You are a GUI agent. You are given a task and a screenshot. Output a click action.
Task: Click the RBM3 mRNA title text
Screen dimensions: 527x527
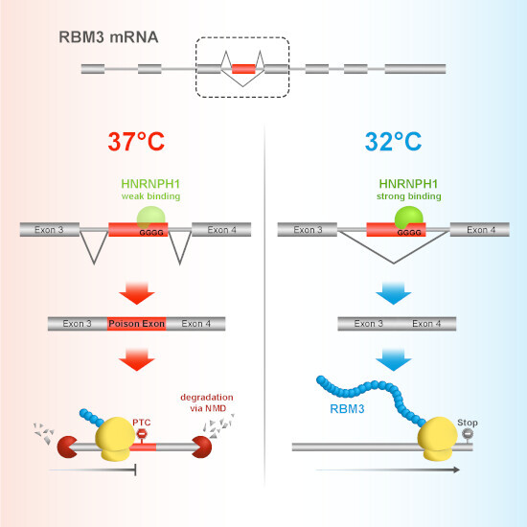click(108, 37)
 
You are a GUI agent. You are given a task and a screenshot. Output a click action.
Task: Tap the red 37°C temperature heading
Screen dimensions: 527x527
click(136, 142)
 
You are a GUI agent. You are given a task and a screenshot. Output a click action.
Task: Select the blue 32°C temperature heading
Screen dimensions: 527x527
click(393, 142)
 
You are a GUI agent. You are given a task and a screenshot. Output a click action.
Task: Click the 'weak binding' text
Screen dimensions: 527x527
click(150, 196)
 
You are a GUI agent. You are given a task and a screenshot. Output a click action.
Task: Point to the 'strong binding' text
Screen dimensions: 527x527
click(409, 196)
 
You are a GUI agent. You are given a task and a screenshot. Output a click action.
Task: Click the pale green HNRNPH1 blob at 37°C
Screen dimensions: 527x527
click(151, 218)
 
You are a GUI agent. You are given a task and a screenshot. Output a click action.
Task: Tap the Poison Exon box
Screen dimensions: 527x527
click(136, 324)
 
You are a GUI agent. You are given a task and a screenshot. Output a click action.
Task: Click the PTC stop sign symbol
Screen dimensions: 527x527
click(142, 434)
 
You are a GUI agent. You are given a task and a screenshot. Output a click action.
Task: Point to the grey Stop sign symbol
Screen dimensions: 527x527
click(468, 434)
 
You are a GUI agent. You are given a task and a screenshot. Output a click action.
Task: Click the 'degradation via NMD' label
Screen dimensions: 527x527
click(207, 402)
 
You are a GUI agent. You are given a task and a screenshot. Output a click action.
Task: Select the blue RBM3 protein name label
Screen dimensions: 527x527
click(347, 409)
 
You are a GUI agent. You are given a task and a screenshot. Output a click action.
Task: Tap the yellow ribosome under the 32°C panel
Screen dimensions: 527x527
click(437, 439)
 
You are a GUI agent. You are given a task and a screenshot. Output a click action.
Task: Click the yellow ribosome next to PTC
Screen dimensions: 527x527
click(115, 439)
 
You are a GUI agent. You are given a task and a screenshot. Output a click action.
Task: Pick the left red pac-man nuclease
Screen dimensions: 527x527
click(67, 447)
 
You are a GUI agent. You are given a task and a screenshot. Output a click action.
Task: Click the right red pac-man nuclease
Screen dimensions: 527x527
click(202, 447)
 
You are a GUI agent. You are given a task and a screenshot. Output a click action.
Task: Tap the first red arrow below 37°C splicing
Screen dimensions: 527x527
click(137, 293)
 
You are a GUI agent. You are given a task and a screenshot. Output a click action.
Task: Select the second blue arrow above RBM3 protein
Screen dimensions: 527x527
click(394, 360)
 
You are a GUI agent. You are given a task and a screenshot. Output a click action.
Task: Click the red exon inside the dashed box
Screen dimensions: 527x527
click(243, 69)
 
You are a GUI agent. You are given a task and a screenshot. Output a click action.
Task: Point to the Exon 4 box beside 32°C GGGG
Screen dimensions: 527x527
click(480, 230)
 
